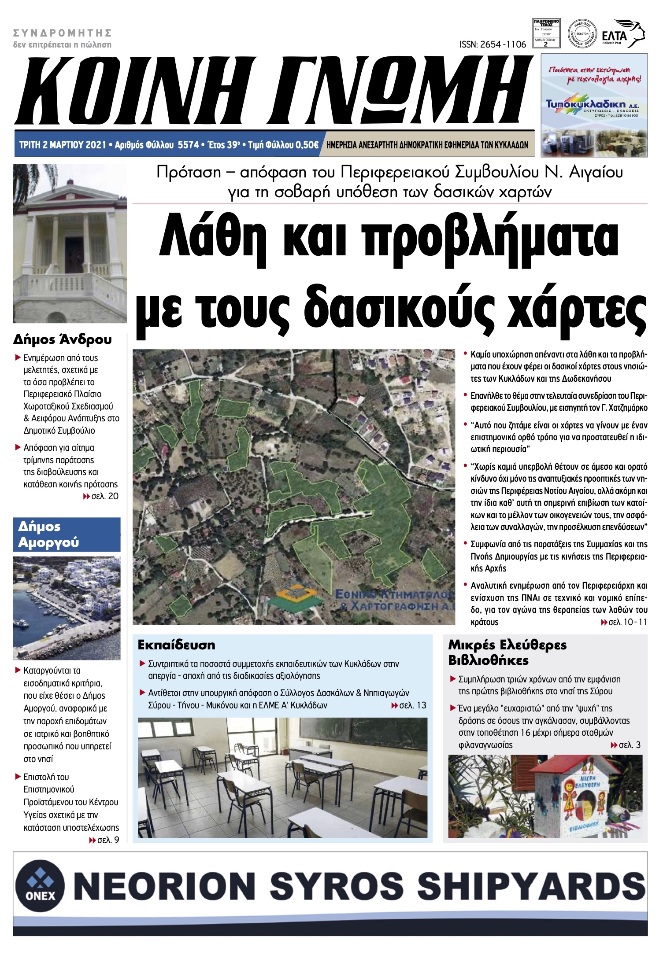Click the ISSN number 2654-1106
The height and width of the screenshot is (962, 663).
[493, 44]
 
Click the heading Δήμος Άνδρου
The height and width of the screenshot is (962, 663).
[62, 339]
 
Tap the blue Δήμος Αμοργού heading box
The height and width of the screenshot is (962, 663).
[67, 534]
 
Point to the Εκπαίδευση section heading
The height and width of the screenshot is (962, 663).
[176, 645]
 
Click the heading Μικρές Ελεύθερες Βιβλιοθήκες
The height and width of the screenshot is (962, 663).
[507, 652]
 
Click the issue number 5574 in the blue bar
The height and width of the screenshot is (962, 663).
[188, 145]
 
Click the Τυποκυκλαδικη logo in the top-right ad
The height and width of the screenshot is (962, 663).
[592, 105]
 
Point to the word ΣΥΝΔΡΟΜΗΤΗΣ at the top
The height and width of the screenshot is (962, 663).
[62, 33]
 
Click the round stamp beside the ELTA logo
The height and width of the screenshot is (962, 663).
[582, 33]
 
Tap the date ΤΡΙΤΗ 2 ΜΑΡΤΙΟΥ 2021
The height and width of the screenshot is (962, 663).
[63, 145]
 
